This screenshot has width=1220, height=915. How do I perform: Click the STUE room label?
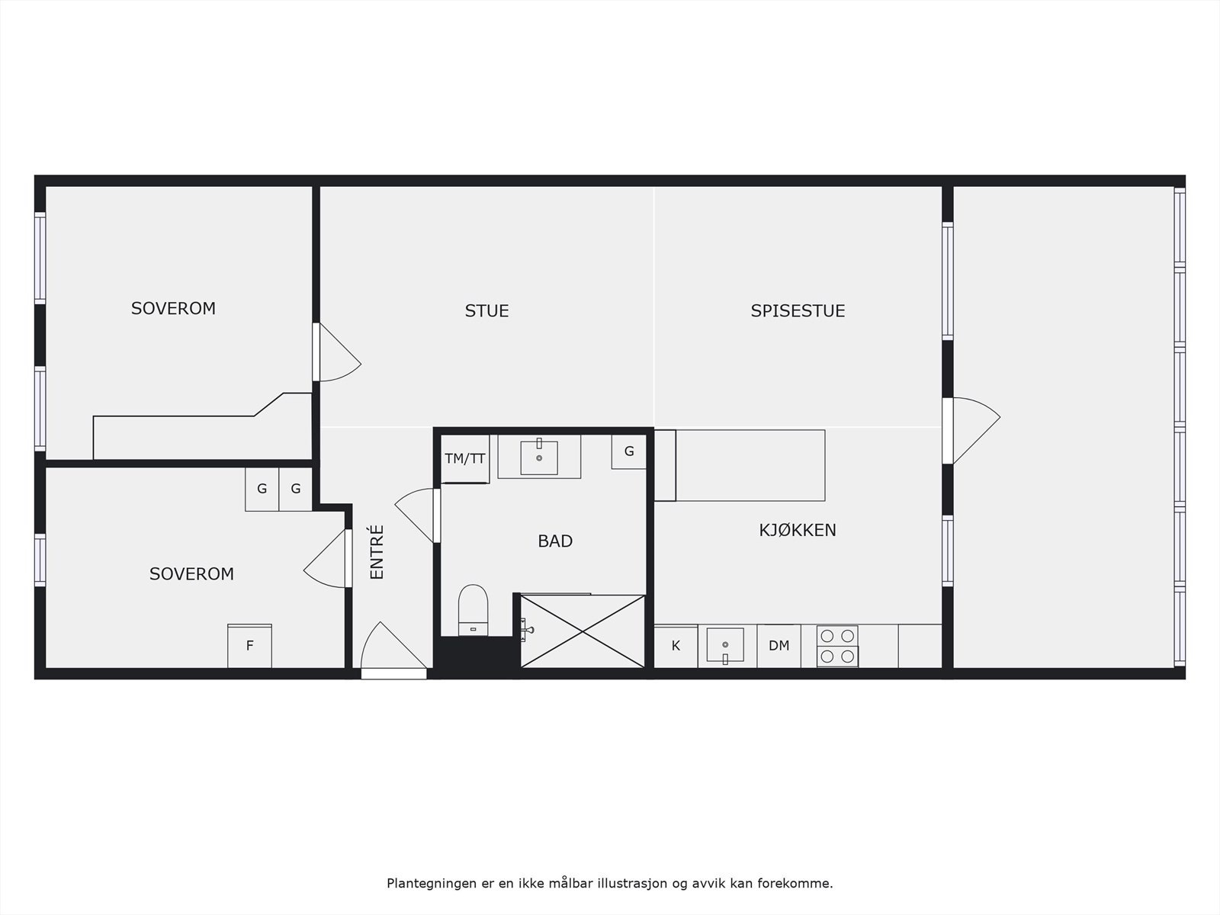[x=486, y=311]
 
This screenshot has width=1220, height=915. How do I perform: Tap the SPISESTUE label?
[x=798, y=311]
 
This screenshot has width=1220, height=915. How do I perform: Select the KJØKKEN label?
[x=798, y=530]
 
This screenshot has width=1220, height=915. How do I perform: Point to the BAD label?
[x=555, y=541]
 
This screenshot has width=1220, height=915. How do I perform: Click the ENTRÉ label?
[x=377, y=552]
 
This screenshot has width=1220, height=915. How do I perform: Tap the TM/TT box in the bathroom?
[x=465, y=459]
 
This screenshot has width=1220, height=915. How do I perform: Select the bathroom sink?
[x=539, y=457]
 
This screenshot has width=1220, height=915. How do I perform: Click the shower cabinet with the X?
[x=583, y=631]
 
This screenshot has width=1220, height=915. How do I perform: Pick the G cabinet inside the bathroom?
[x=629, y=451]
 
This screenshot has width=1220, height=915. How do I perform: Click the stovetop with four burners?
[x=837, y=646]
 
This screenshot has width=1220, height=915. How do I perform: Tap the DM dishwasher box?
[x=779, y=646]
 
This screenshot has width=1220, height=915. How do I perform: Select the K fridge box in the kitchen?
[x=676, y=646]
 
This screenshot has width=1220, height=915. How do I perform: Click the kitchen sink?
[x=724, y=645]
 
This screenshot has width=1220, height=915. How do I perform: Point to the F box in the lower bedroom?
[x=249, y=646]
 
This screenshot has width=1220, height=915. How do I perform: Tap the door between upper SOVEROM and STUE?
[x=335, y=354]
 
